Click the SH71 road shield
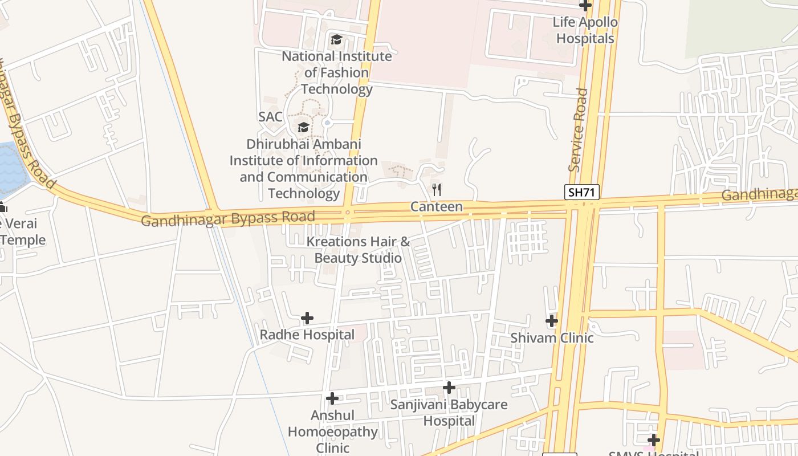[582, 192]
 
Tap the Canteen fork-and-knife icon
[437, 189]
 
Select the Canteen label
[437, 206]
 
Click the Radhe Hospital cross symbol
[307, 317]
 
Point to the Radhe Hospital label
[307, 335]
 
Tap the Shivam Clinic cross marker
[552, 321]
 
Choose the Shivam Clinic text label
[552, 337]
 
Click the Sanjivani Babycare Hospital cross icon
[449, 388]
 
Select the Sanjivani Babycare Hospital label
[449, 413]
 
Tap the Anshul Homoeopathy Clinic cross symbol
[332, 398]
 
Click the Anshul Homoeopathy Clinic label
[332, 431]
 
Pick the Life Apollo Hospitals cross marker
[585, 6]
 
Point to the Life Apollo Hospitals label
[585, 30]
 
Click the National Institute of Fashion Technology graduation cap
[336, 39]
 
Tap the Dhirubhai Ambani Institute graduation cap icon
[303, 127]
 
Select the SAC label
[270, 117]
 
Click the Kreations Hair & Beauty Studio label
[358, 250]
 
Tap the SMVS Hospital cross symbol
[654, 440]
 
